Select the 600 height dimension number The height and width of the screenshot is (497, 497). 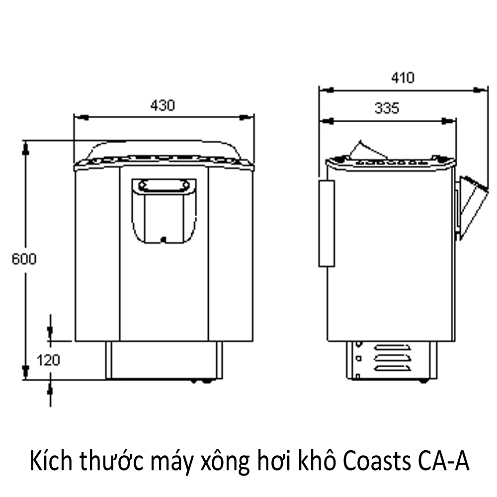(24, 259)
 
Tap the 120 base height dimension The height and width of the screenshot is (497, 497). (48, 359)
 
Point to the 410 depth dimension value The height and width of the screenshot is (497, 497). (402, 78)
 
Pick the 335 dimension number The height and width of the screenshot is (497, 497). (387, 108)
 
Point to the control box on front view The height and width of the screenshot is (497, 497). (164, 211)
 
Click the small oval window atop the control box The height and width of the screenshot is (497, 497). (164, 186)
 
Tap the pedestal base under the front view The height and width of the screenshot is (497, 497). (164, 360)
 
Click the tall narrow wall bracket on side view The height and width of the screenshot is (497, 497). (327, 223)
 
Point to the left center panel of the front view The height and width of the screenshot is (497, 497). (97, 253)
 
